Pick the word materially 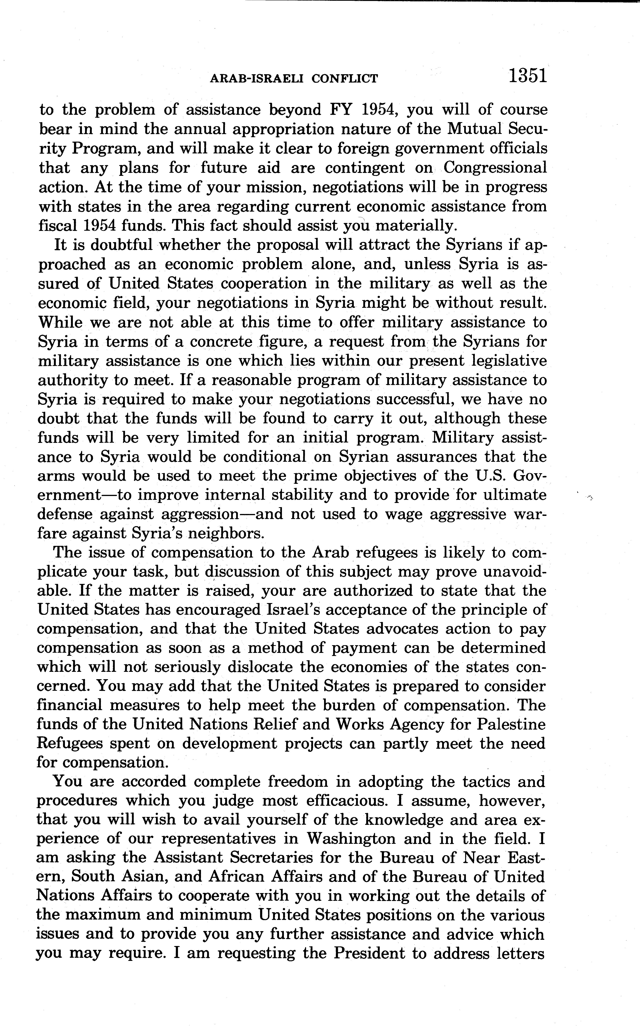coord(416,226)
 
